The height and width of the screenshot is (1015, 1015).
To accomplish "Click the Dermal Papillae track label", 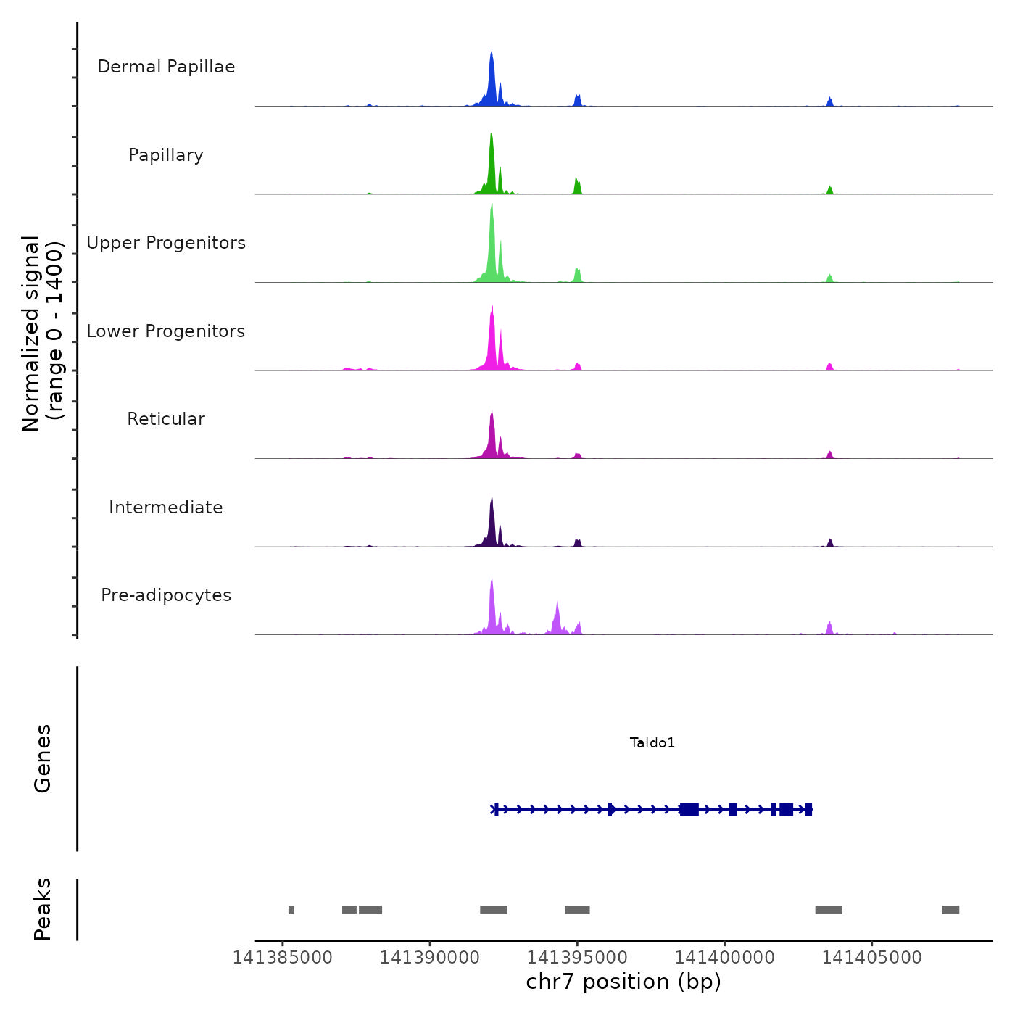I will click(166, 67).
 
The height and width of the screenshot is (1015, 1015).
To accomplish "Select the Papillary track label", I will click(166, 155).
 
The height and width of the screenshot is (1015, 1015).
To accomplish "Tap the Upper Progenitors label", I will click(166, 243).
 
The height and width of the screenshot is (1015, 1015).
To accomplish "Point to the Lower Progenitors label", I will click(166, 331).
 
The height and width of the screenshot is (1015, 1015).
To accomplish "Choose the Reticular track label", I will click(166, 419).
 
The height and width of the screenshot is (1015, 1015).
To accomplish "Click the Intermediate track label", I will click(166, 507).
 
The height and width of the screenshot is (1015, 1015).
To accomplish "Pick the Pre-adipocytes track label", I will click(166, 595).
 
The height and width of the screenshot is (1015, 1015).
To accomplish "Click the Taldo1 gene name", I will click(652, 742).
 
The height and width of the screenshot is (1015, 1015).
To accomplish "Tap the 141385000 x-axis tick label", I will click(283, 957).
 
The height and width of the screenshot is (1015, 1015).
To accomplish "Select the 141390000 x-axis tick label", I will click(430, 957).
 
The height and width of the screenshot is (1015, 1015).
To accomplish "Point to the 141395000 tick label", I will click(578, 957).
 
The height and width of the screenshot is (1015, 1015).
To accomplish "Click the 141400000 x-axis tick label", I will click(725, 957).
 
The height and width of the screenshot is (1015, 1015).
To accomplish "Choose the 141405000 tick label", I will click(872, 957).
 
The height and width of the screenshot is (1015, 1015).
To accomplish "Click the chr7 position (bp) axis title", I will click(623, 982).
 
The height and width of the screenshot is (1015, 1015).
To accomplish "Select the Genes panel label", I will click(43, 758).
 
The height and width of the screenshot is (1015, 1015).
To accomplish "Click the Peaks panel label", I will click(43, 909).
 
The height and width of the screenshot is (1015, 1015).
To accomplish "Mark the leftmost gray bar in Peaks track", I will click(291, 910).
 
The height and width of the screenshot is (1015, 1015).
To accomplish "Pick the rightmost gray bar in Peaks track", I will click(950, 910).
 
